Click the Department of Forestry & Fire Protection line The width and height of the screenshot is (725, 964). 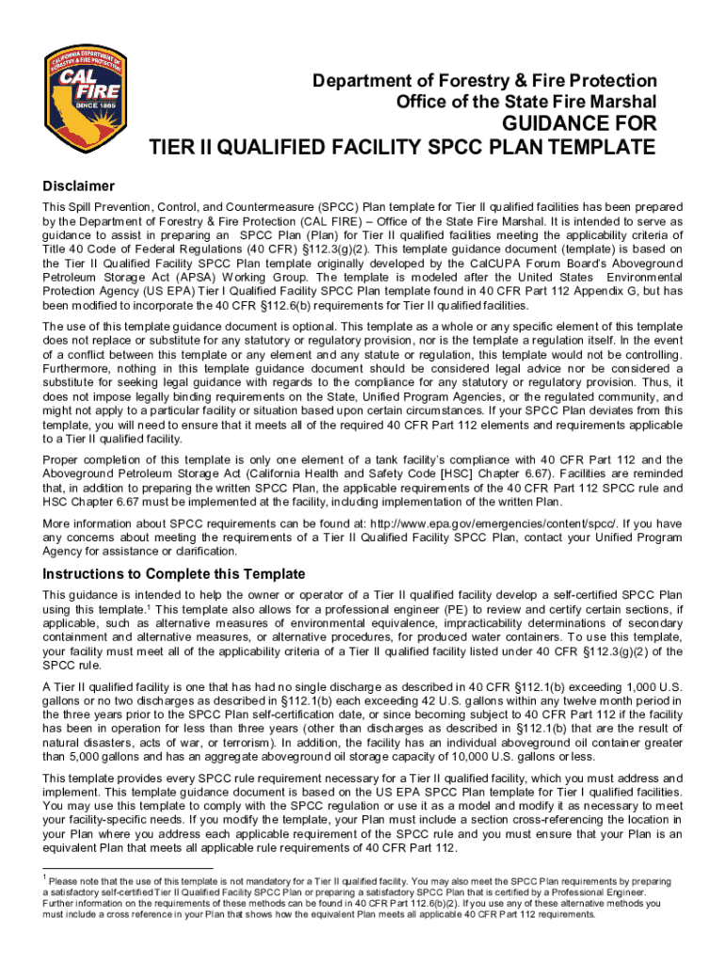click(485, 81)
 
